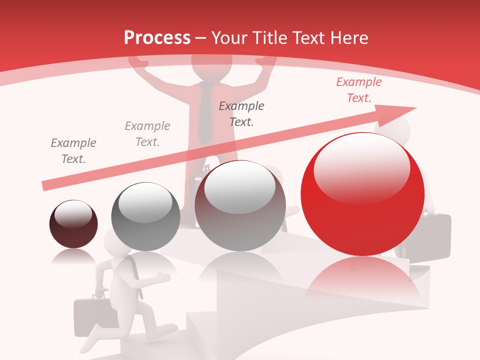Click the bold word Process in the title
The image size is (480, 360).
157,38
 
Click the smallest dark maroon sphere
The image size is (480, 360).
73,224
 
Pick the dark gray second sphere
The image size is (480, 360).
145,216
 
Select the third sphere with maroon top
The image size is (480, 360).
240,205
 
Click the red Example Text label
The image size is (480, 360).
358,90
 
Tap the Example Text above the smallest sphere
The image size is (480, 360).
73,151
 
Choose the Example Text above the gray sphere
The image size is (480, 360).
147,134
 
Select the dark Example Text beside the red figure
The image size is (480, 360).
241,113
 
